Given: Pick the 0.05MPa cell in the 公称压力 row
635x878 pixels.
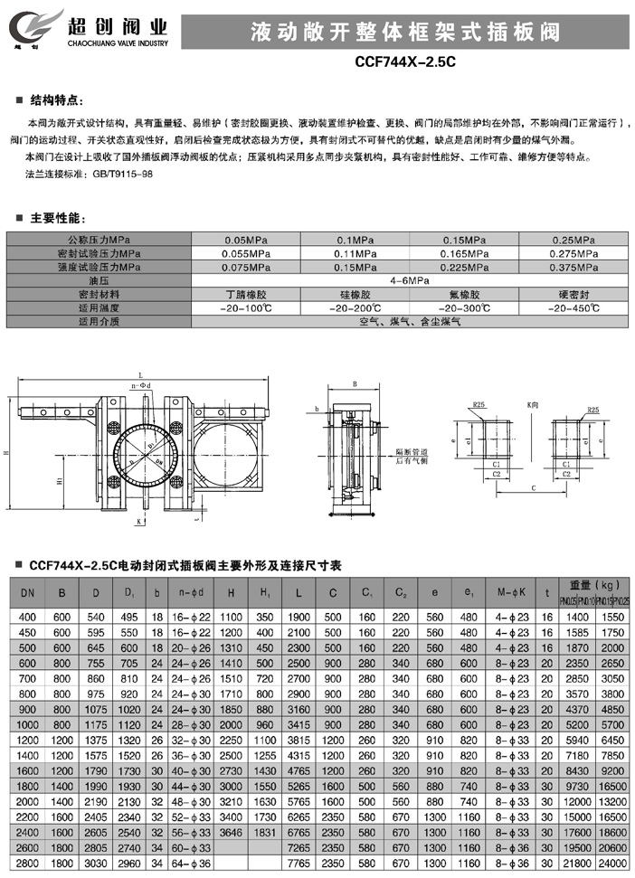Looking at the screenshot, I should pyautogui.click(x=244, y=240).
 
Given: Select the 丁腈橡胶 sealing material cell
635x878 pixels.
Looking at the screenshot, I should pyautogui.click(x=244, y=295).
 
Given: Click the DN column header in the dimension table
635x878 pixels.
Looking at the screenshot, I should pyautogui.click(x=26, y=594).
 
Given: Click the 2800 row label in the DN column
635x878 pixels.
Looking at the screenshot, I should pyautogui.click(x=26, y=864).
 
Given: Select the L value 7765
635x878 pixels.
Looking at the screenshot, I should pyautogui.click(x=299, y=864).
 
